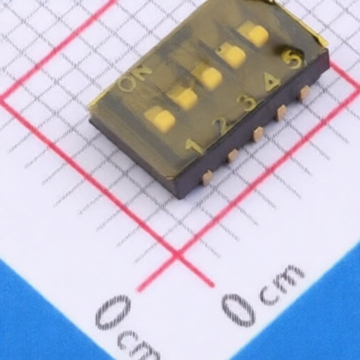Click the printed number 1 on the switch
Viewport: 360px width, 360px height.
[x=195, y=147]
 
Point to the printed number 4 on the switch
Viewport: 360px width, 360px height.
[x=271, y=83]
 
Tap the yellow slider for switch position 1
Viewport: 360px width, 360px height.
[x=160, y=119]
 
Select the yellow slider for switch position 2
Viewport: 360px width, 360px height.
[x=184, y=97]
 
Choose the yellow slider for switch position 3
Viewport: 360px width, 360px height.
[x=207, y=76]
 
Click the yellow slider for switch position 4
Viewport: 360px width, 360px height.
[x=230, y=55]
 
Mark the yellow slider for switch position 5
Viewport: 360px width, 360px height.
[x=253, y=34]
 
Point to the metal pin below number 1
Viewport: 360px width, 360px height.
[x=207, y=178]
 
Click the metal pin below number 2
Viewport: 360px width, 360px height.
[x=233, y=155]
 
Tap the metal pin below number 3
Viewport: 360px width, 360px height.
[x=258, y=134]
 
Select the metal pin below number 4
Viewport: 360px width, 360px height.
[x=281, y=112]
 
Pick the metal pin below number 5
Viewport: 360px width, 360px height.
[x=304, y=93]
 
